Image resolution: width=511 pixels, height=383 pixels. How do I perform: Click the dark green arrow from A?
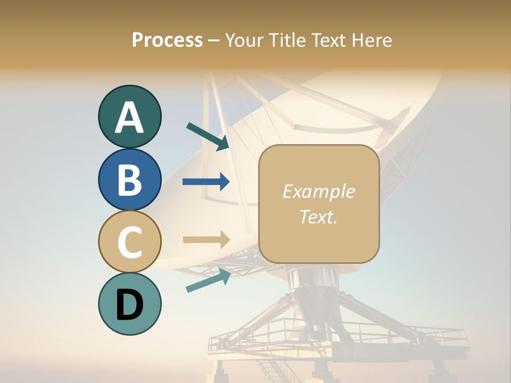(208, 136)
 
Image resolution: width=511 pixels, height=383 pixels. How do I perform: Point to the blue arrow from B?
(206, 182)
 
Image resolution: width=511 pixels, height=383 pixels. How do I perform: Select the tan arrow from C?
(206, 239)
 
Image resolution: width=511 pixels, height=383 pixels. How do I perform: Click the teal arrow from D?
(208, 280)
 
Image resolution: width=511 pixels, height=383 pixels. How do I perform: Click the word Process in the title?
(167, 40)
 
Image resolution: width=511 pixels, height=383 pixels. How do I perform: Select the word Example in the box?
(318, 191)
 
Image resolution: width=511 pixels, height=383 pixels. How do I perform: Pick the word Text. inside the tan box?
(318, 217)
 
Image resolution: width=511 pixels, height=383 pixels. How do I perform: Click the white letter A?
(129, 118)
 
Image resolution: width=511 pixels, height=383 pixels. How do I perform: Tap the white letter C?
(129, 242)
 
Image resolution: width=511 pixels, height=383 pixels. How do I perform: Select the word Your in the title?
(242, 40)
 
